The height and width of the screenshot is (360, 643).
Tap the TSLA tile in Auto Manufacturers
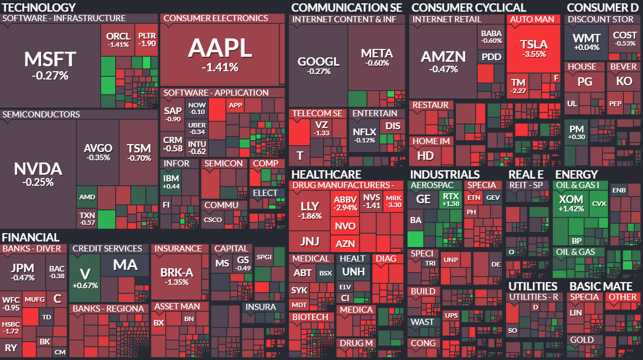pyautogui.click(x=533, y=48)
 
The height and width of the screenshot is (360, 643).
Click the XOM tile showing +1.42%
pyautogui.click(x=571, y=203)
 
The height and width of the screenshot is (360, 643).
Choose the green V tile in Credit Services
pyautogui.click(x=85, y=278)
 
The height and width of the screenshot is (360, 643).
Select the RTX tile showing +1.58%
pyautogui.click(x=450, y=200)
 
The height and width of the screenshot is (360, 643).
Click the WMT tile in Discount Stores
pyautogui.click(x=586, y=42)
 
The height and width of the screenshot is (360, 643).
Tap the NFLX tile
pyautogui.click(x=365, y=135)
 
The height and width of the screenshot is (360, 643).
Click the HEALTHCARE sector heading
pyautogui.click(x=326, y=175)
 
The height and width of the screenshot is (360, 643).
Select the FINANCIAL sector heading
pyautogui.click(x=30, y=238)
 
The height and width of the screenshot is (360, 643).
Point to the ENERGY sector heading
pyautogui.click(x=576, y=175)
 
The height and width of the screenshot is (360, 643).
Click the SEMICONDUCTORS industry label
pyautogui.click(x=41, y=115)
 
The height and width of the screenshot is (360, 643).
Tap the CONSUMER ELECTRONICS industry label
pyautogui.click(x=215, y=18)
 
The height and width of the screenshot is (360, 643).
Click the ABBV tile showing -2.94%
pyautogui.click(x=345, y=204)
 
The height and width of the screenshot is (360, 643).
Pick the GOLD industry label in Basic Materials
pyautogui.click(x=582, y=340)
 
